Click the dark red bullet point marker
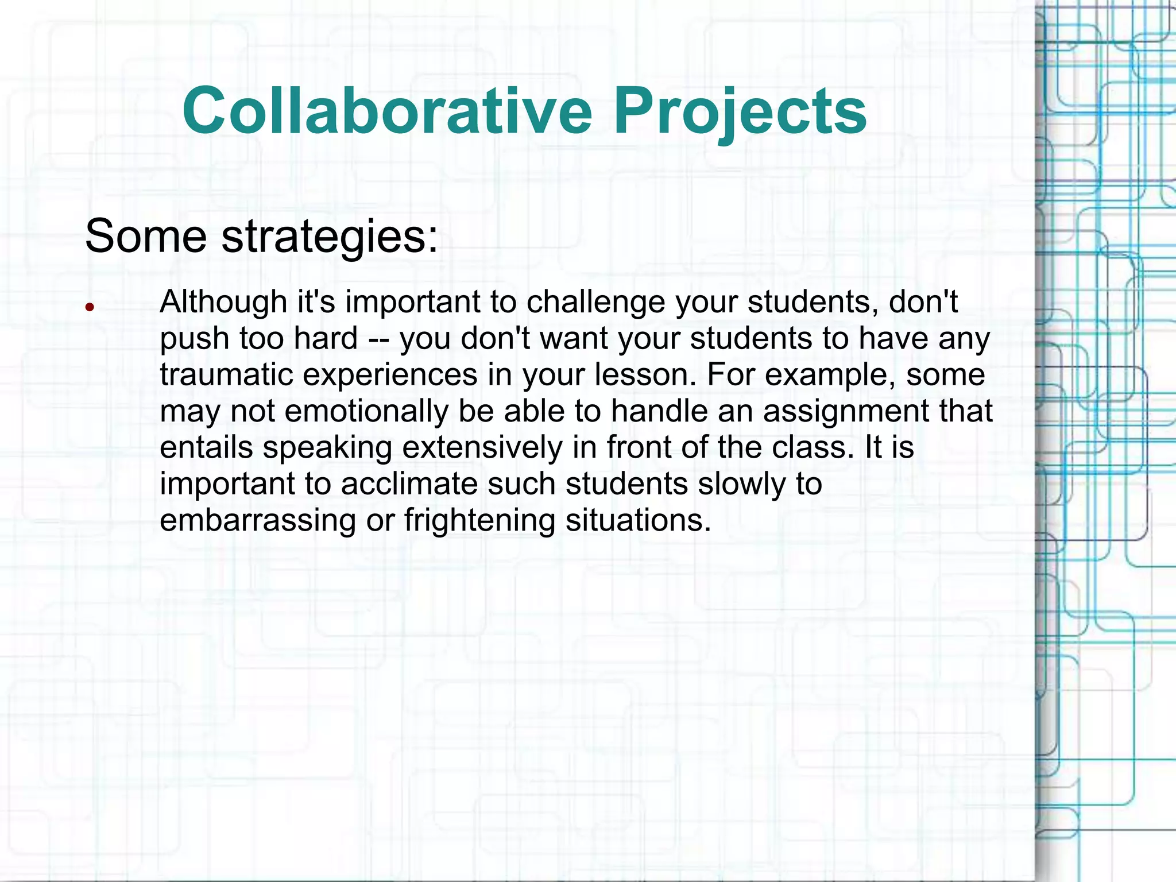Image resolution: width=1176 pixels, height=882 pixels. (x=89, y=307)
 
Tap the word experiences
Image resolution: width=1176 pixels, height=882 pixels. (x=390, y=374)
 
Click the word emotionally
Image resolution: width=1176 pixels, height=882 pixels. (x=366, y=411)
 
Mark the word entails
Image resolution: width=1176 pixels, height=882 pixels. (x=207, y=447)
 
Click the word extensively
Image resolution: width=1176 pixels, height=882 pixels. (x=482, y=447)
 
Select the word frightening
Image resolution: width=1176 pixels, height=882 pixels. (x=479, y=520)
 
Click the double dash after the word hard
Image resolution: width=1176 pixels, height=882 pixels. (x=379, y=339)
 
